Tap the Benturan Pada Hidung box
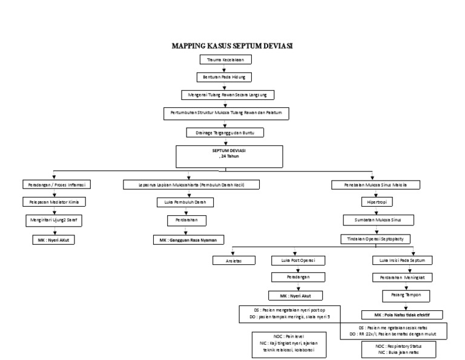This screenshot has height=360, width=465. click(x=225, y=78)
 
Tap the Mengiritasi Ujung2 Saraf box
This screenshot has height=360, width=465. click(x=55, y=221)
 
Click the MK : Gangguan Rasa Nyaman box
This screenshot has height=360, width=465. click(x=188, y=240)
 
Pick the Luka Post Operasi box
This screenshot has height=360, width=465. click(x=297, y=260)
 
